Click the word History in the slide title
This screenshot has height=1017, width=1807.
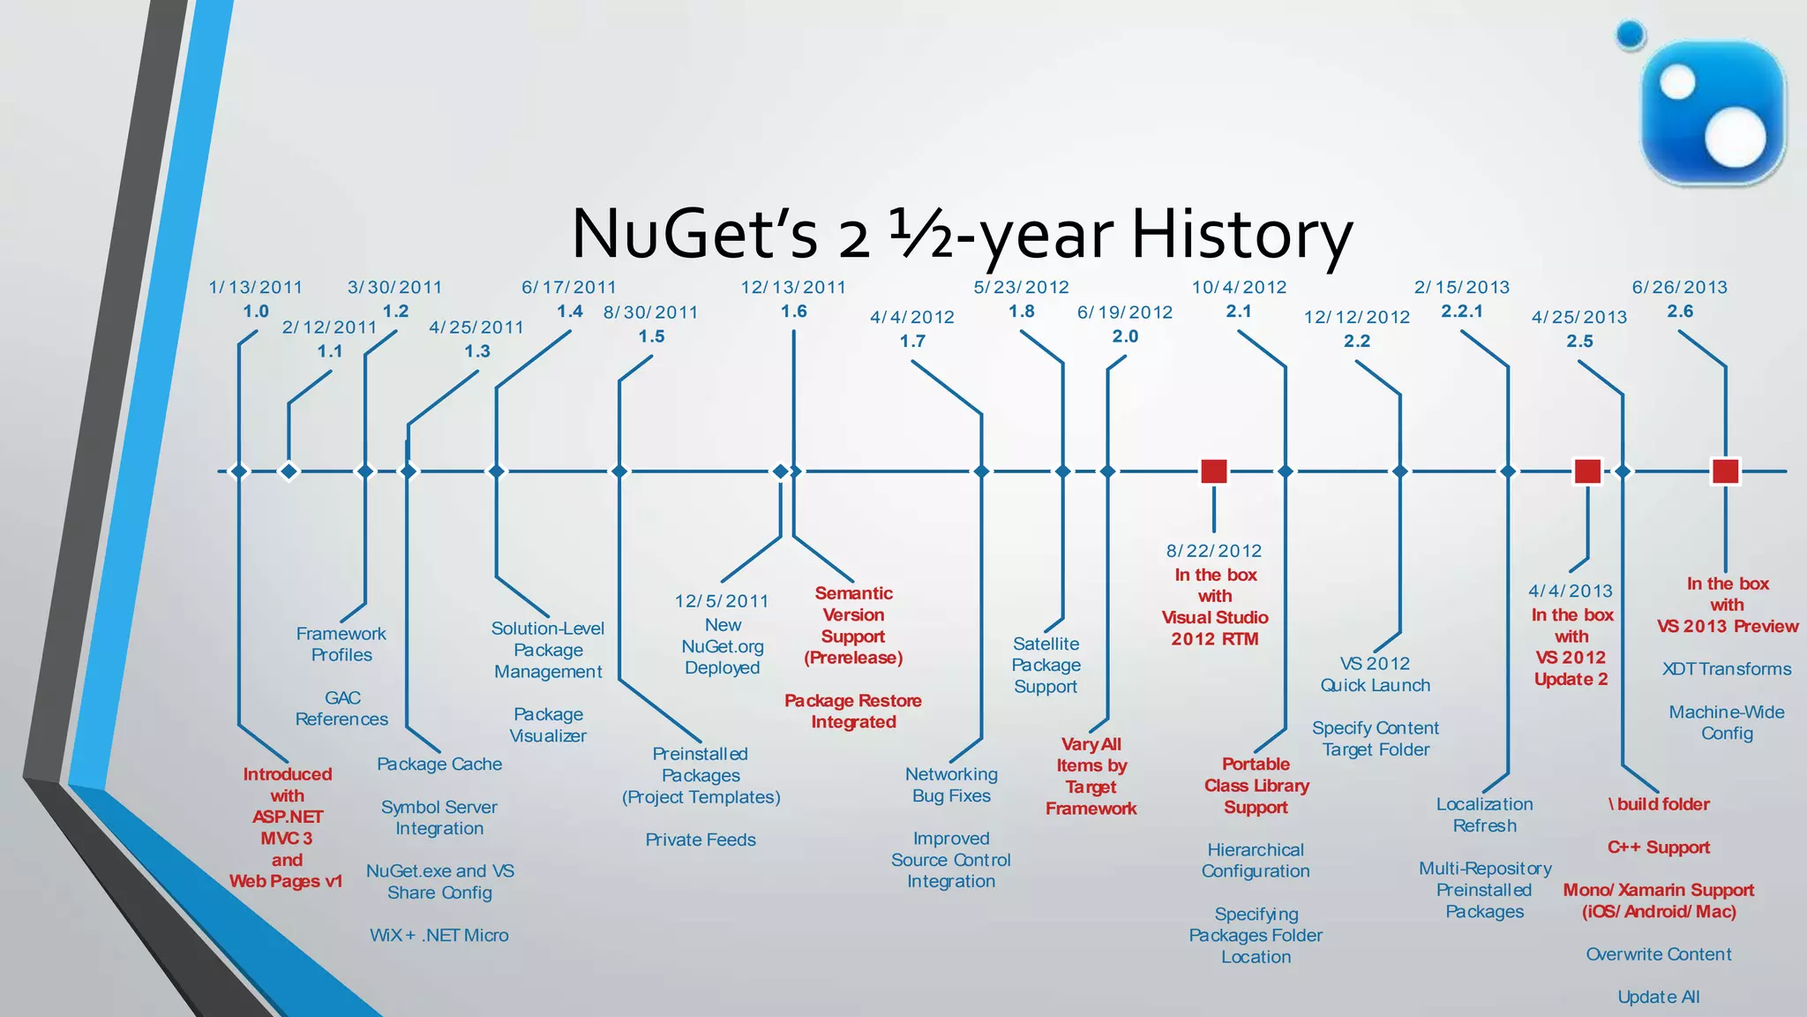[x=1241, y=234]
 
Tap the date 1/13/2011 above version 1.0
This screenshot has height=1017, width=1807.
[x=255, y=287]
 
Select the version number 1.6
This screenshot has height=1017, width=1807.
[x=793, y=311]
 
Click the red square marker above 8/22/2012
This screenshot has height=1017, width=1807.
[x=1214, y=471]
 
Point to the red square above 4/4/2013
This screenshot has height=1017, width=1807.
[x=1587, y=471]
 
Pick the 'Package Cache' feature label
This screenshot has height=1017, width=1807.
[x=439, y=764]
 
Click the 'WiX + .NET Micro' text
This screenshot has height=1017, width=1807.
[x=439, y=935]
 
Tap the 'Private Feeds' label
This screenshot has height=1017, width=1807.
[x=701, y=840]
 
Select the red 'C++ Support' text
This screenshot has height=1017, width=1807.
[x=1659, y=847]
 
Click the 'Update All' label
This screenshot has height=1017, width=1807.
[x=1659, y=997]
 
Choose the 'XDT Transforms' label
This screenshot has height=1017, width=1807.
[x=1727, y=668]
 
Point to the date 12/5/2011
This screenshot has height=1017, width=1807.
[x=722, y=600]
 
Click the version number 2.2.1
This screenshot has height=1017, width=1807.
[x=1462, y=311]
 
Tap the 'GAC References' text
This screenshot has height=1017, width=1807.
[x=341, y=708]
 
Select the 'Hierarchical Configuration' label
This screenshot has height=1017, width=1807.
[x=1256, y=860]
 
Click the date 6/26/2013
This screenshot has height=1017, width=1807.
[x=1680, y=287]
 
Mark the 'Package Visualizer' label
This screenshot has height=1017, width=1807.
[x=548, y=725]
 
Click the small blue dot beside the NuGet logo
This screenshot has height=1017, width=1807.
[x=1631, y=35]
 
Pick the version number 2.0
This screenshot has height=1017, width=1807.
[x=1125, y=336]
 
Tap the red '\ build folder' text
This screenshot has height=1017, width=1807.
[x=1659, y=804]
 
